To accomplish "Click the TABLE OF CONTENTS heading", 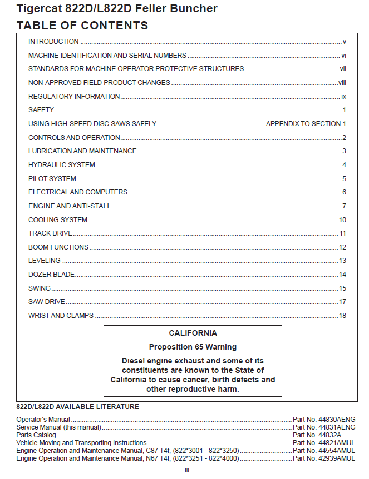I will (x=82, y=26).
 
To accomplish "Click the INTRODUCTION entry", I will (x=53, y=42).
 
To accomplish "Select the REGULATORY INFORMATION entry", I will (x=74, y=97).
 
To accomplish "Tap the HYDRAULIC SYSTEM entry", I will (x=62, y=165).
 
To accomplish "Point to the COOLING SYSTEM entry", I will (x=58, y=220).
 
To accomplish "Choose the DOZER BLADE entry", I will (x=52, y=275).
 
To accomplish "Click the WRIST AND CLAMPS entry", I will (x=61, y=316).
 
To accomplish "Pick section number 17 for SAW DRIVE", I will (x=343, y=302).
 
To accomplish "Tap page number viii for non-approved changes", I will (x=342, y=83).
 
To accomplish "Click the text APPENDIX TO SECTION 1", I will (x=306, y=124).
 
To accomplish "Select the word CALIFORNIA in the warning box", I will (x=193, y=333).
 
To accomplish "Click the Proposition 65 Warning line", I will (x=193, y=347).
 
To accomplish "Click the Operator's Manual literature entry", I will (x=43, y=420).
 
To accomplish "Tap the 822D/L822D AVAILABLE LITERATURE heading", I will (x=77, y=407).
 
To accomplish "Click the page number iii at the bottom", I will (x=188, y=470).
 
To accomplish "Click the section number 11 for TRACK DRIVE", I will (x=343, y=233).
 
